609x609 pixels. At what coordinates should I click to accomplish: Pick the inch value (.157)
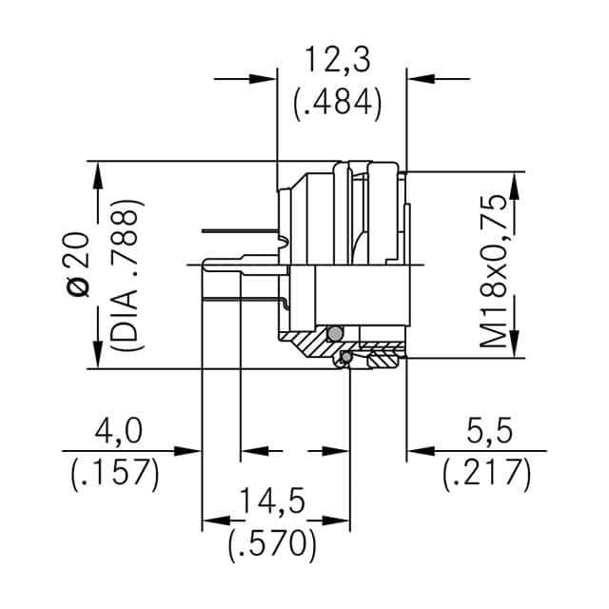click(x=115, y=473)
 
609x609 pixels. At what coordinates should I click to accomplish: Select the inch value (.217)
click(x=486, y=473)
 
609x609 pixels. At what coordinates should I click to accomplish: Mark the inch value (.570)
click(x=273, y=544)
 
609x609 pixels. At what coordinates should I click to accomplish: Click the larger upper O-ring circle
click(x=333, y=334)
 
